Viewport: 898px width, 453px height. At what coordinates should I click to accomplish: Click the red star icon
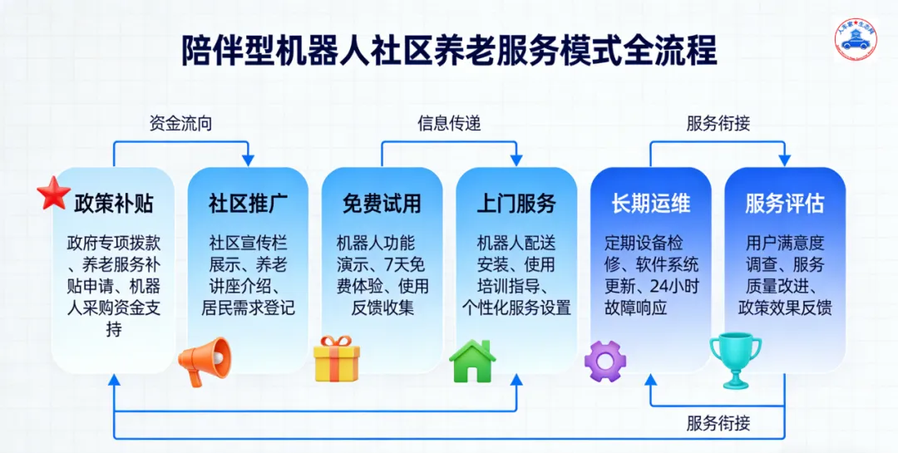54,193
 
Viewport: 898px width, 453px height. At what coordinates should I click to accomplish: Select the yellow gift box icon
337,358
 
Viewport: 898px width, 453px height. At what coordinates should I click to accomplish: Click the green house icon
471,361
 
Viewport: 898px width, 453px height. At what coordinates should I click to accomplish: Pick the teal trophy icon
735,360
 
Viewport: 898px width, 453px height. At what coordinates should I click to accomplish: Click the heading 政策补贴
114,204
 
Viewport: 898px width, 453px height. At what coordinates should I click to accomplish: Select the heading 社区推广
248,204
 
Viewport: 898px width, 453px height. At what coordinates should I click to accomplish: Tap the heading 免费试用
382,204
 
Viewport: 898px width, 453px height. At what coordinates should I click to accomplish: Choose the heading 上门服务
516,204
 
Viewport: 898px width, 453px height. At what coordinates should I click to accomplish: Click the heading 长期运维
650,204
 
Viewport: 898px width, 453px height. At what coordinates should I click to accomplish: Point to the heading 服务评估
784,204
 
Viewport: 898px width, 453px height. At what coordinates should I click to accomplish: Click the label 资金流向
180,124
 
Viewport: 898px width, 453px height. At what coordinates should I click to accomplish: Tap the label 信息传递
449,124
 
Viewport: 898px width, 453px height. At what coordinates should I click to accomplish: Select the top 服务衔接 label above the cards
718,124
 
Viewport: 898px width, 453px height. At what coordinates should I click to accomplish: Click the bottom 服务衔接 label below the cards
718,422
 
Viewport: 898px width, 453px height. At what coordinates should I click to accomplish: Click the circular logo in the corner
856,39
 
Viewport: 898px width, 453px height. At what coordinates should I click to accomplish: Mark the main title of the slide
449,51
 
